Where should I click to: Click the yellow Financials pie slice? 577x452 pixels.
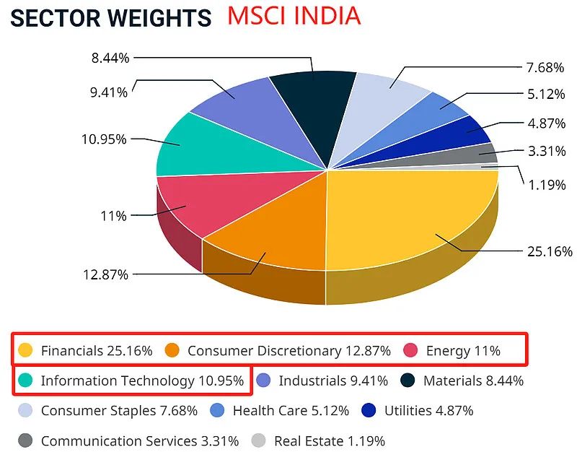click(x=411, y=217)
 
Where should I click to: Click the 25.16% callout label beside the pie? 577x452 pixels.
click(x=550, y=251)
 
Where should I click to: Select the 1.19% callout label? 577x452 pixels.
click(x=546, y=184)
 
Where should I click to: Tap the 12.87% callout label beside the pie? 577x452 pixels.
click(x=105, y=274)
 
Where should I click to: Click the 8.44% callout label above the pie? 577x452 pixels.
click(x=110, y=58)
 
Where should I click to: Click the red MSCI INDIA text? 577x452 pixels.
click(x=294, y=15)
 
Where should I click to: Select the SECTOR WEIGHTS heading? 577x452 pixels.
click(x=111, y=17)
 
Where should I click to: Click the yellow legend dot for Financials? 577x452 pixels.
click(x=26, y=351)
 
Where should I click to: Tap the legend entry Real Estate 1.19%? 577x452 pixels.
click(x=328, y=440)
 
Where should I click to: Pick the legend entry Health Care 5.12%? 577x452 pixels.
click(x=291, y=411)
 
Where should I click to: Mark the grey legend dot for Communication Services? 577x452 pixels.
click(x=26, y=440)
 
